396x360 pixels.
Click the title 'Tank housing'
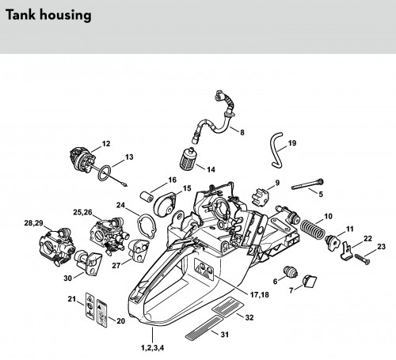coord(48,15)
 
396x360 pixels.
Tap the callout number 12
coord(106,144)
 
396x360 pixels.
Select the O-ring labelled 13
coord(105,173)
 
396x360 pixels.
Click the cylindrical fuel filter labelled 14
coord(187,159)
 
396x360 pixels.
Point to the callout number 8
coord(242,132)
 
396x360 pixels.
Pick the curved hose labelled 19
coord(276,150)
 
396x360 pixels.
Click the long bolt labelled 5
coord(307,184)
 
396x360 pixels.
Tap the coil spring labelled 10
coord(313,229)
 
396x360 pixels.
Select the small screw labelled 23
coord(363,258)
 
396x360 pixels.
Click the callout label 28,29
coord(33,223)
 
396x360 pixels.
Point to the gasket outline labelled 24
coord(147,226)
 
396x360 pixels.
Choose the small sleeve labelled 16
coord(147,196)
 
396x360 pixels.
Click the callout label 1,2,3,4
coord(153,348)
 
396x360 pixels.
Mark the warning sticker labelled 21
coord(89,306)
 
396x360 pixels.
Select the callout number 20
coord(120,321)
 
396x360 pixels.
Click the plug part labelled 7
coord(310,281)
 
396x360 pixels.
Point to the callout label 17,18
coord(260,294)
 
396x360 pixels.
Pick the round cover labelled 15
coord(164,205)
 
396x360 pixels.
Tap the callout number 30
coord(68,279)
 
